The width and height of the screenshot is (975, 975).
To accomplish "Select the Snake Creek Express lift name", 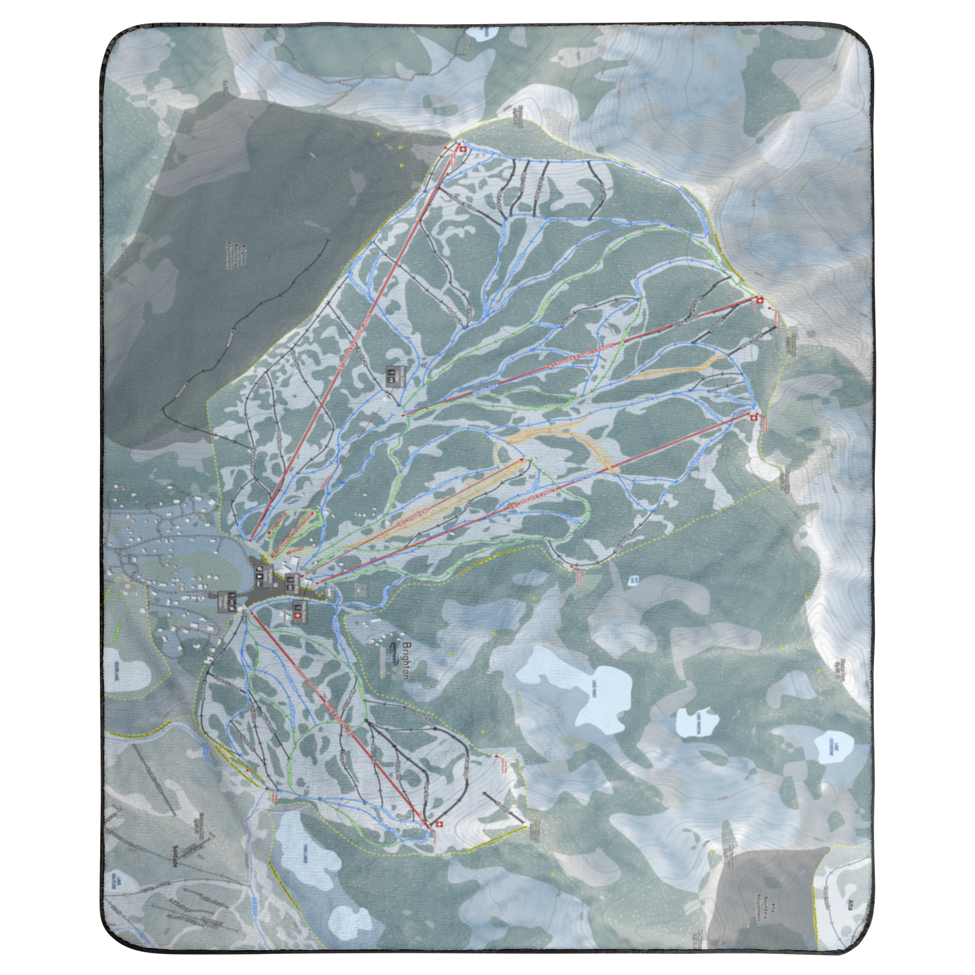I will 585,353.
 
